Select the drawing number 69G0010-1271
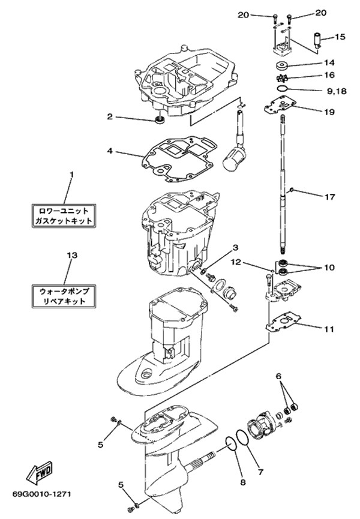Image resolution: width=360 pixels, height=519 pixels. coord(41,495)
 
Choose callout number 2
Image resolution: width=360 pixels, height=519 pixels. coord(110,116)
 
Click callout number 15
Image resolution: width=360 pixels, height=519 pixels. coord(340,37)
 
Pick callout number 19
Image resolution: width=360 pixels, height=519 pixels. coord(329,112)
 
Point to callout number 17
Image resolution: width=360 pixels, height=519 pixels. coord(329,196)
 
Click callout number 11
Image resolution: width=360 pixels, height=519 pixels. coord(329,329)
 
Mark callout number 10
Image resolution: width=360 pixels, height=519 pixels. coord(329,268)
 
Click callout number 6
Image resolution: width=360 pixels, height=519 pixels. coord(278,376)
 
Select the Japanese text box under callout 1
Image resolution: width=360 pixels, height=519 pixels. coord(64,216)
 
